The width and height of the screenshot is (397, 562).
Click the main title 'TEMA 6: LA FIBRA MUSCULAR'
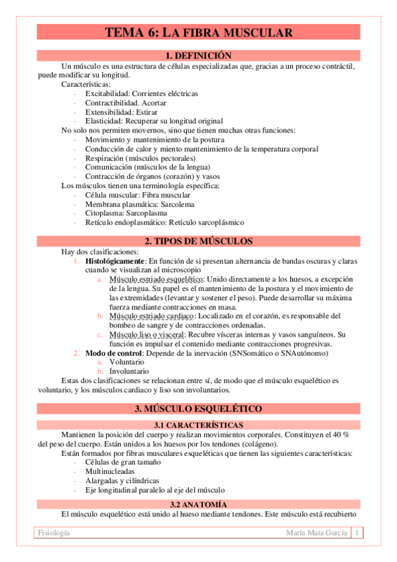point(198,32)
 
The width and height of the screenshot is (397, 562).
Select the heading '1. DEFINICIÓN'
point(198,56)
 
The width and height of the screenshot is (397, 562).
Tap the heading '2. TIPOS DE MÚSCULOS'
point(198,241)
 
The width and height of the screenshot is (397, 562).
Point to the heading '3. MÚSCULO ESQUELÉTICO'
point(198,408)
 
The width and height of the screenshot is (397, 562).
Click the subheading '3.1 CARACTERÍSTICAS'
point(198,424)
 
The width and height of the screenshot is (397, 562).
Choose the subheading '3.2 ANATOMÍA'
point(198,504)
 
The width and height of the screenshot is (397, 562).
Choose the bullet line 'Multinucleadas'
point(110,471)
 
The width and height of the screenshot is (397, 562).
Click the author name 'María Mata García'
point(316,534)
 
